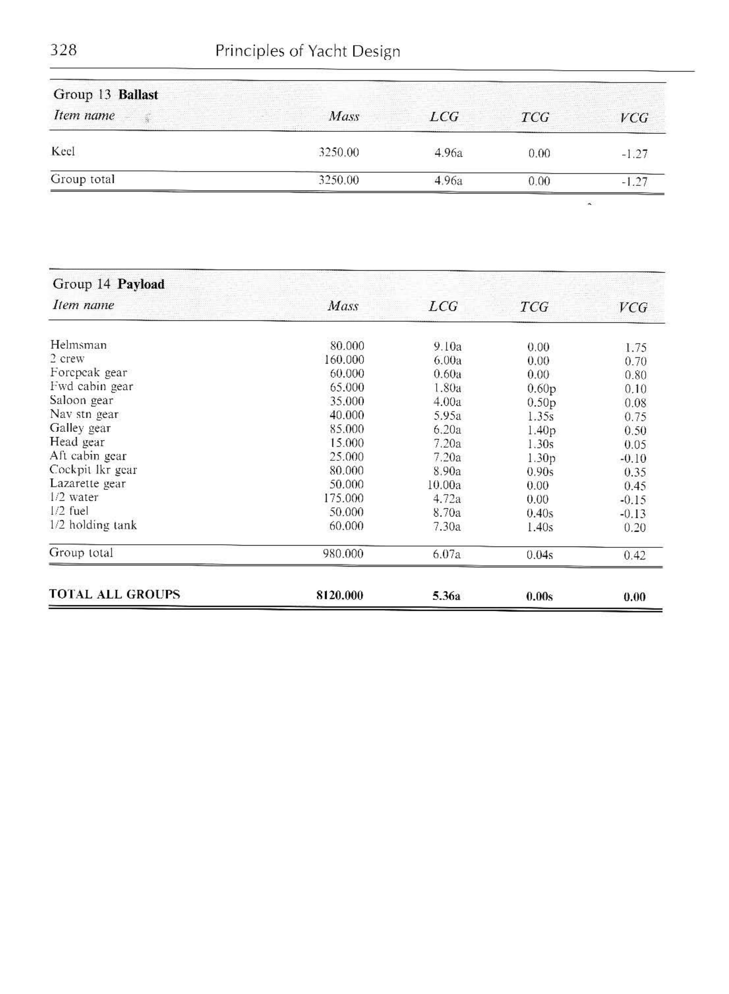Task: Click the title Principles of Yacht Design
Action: coord(308,51)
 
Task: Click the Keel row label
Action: coord(63,151)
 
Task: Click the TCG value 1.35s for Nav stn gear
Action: coord(540,416)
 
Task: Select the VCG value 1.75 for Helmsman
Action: coord(635,348)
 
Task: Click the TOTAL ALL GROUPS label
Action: coord(114,594)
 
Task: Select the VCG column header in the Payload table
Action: coord(633,307)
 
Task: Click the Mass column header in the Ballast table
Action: coord(344,117)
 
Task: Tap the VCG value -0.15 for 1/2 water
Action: coord(633,500)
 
